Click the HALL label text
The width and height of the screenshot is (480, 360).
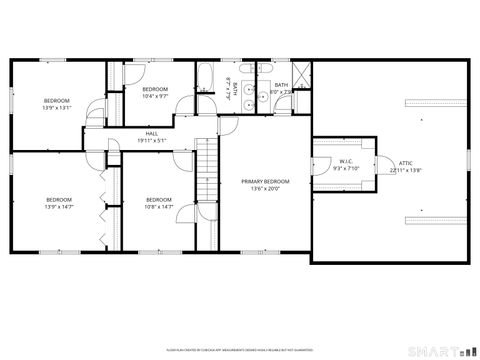point(152,134)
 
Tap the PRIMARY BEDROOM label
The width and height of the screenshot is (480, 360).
point(265,181)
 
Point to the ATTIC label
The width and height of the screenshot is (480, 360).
point(405,163)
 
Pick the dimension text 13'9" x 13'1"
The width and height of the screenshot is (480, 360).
point(56,106)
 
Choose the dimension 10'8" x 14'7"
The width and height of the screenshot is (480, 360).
point(159,206)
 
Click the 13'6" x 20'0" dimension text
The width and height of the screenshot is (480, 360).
point(265,188)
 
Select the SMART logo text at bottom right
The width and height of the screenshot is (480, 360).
point(441,350)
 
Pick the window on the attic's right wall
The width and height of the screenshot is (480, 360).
point(469,160)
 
